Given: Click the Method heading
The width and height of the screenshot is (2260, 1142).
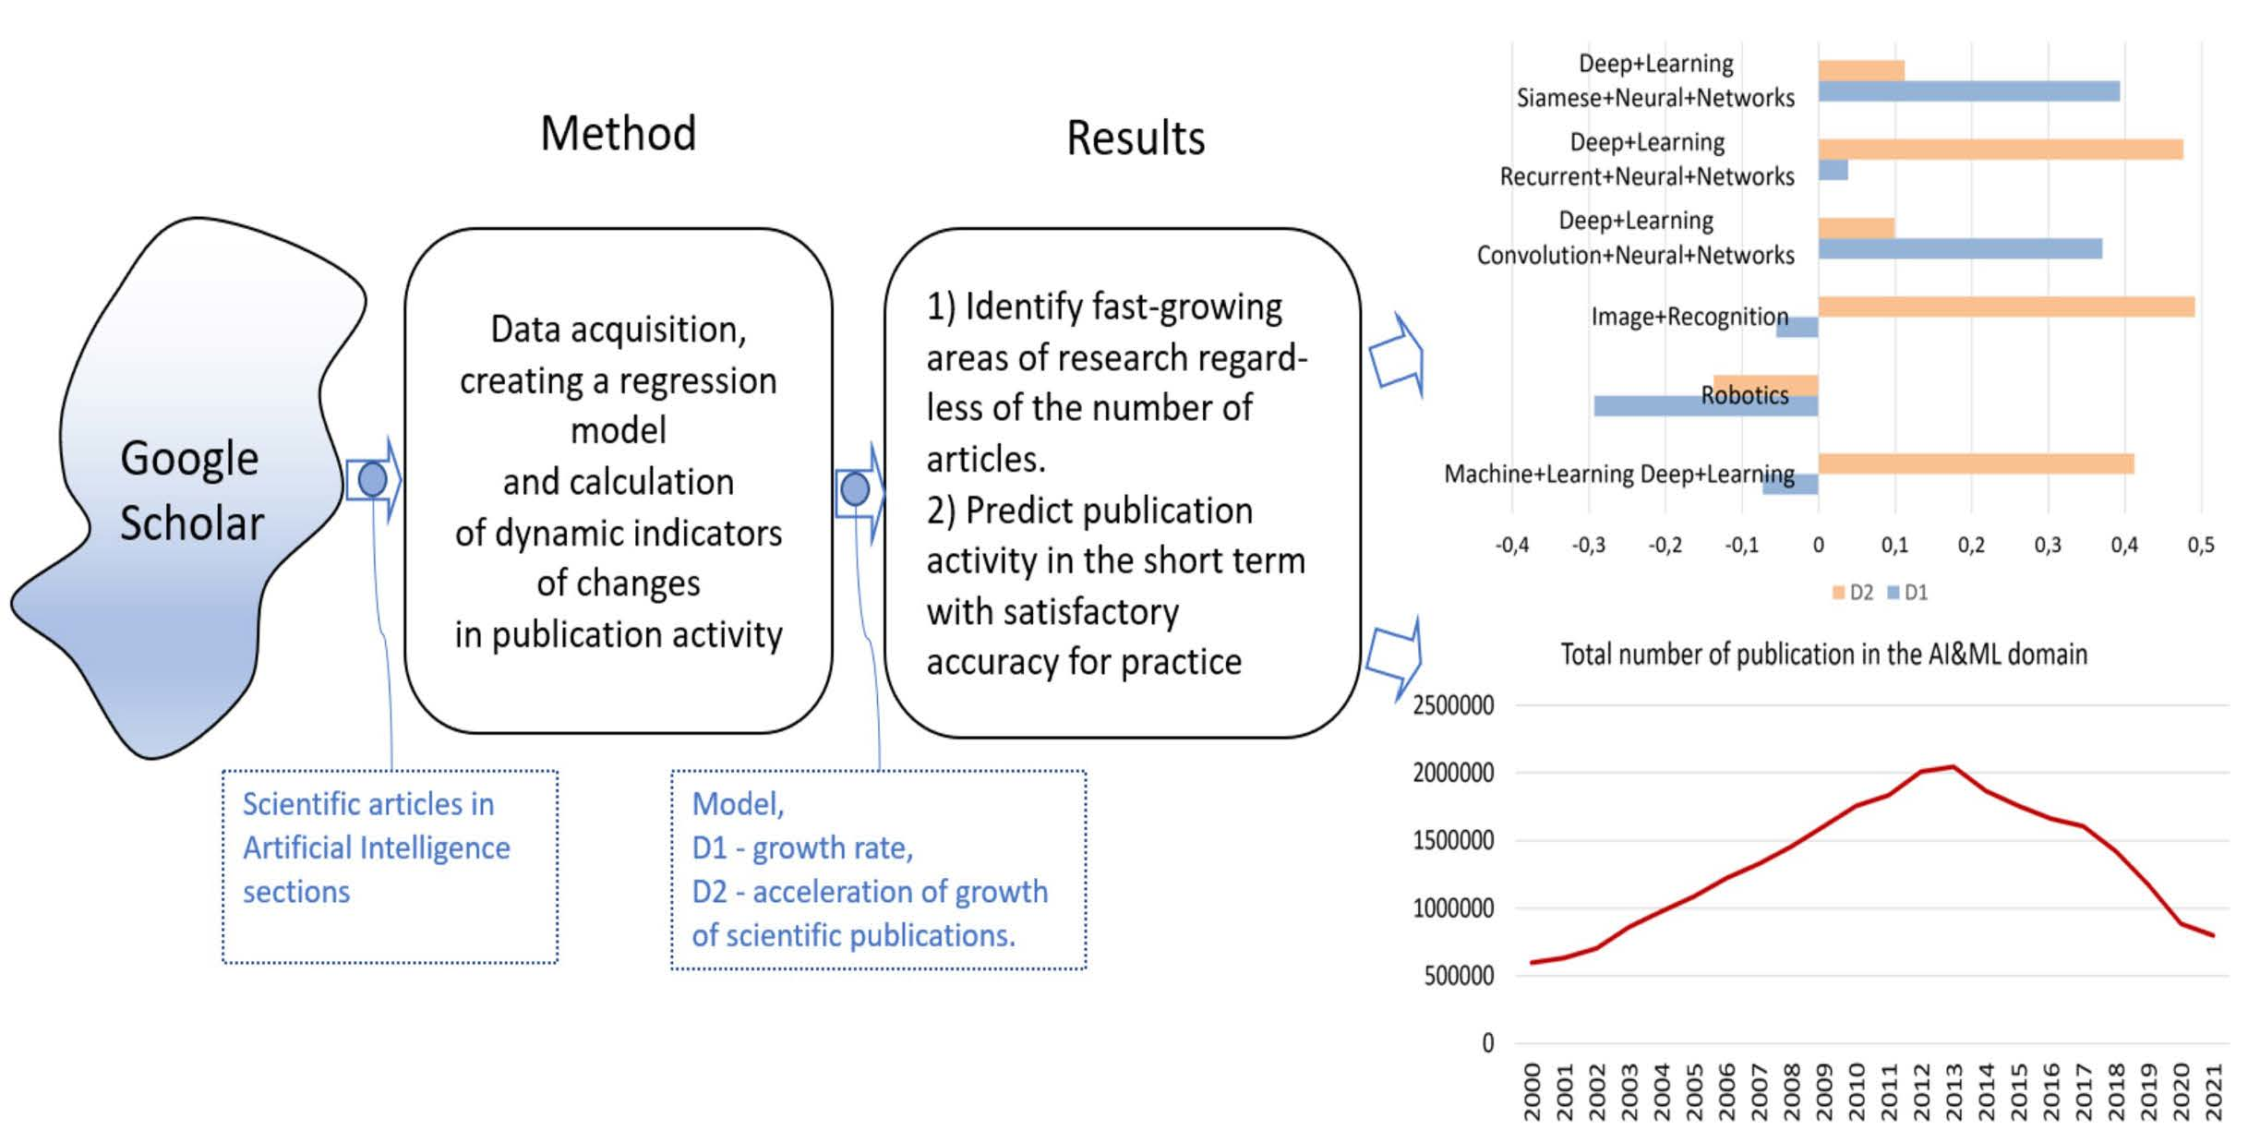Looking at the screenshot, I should click(x=618, y=134).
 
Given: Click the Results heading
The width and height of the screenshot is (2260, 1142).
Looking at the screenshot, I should click(x=1135, y=138).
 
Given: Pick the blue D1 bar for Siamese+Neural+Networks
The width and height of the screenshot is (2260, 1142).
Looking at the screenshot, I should click(x=1968, y=91).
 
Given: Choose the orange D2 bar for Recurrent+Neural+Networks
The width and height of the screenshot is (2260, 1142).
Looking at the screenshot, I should click(x=2000, y=150).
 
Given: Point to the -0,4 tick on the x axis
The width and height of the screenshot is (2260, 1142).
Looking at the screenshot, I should click(x=1511, y=546).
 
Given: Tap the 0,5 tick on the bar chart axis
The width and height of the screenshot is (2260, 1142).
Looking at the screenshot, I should click(x=2200, y=546).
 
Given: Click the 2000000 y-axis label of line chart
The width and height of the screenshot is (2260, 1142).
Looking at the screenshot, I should click(x=1452, y=773).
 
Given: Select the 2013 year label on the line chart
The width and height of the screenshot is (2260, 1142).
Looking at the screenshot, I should click(x=1953, y=1092).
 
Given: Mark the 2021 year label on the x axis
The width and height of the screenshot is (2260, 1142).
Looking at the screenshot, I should click(x=2213, y=1092).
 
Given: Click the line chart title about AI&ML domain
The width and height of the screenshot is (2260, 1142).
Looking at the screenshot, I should click(x=1823, y=655).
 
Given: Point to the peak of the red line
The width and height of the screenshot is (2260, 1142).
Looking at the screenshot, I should click(x=1953, y=766).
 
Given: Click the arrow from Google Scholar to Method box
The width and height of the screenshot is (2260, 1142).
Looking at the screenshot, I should click(x=374, y=480).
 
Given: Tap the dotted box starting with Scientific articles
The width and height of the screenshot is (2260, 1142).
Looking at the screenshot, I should click(x=390, y=866).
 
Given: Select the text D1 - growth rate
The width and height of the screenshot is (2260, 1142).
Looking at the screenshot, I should click(x=802, y=847).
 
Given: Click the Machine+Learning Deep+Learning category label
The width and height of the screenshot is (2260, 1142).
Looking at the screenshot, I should click(x=1618, y=475).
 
